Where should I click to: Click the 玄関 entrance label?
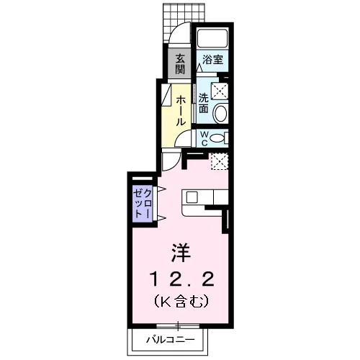(x=180, y=64)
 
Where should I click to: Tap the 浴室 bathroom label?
(x=212, y=60)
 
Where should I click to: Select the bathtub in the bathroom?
(x=212, y=37)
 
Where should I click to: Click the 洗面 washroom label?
(x=203, y=104)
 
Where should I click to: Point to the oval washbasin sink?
(x=220, y=113)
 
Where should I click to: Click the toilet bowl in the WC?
(x=217, y=138)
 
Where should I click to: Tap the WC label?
(x=204, y=138)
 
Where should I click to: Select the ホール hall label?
(x=181, y=111)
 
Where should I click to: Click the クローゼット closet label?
(x=143, y=204)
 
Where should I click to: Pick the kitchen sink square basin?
(x=192, y=197)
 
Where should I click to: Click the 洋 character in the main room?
(x=181, y=253)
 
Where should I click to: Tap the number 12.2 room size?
(x=181, y=279)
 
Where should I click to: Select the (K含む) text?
(x=181, y=301)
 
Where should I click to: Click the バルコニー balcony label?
(x=171, y=340)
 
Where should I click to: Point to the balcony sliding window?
(x=178, y=326)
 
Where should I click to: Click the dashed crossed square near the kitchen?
(x=219, y=161)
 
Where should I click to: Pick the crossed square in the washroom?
(x=220, y=91)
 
